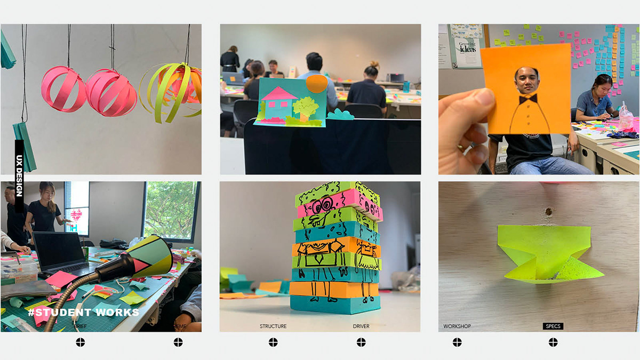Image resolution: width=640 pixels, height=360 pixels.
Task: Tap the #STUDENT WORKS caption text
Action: pyautogui.click(x=83, y=313)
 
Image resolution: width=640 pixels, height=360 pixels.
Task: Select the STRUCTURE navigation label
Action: pyautogui.click(x=273, y=326)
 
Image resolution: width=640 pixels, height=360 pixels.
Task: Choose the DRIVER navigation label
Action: pyautogui.click(x=361, y=326)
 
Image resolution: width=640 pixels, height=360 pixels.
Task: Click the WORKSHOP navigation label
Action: pyautogui.click(x=457, y=326)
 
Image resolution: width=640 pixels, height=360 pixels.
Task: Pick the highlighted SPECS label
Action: pyautogui.click(x=553, y=326)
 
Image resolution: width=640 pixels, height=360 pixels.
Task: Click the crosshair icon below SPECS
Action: pyautogui.click(x=553, y=342)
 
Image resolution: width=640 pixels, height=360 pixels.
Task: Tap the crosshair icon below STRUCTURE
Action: pyautogui.click(x=273, y=342)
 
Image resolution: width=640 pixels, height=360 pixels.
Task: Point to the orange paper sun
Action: pyautogui.click(x=316, y=84)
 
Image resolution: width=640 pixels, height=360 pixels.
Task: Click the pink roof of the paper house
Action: pyautogui.click(x=280, y=94)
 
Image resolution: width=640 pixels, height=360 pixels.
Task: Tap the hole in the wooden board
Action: pyautogui.click(x=548, y=212)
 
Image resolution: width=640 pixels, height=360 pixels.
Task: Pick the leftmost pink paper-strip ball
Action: pyautogui.click(x=63, y=89)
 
